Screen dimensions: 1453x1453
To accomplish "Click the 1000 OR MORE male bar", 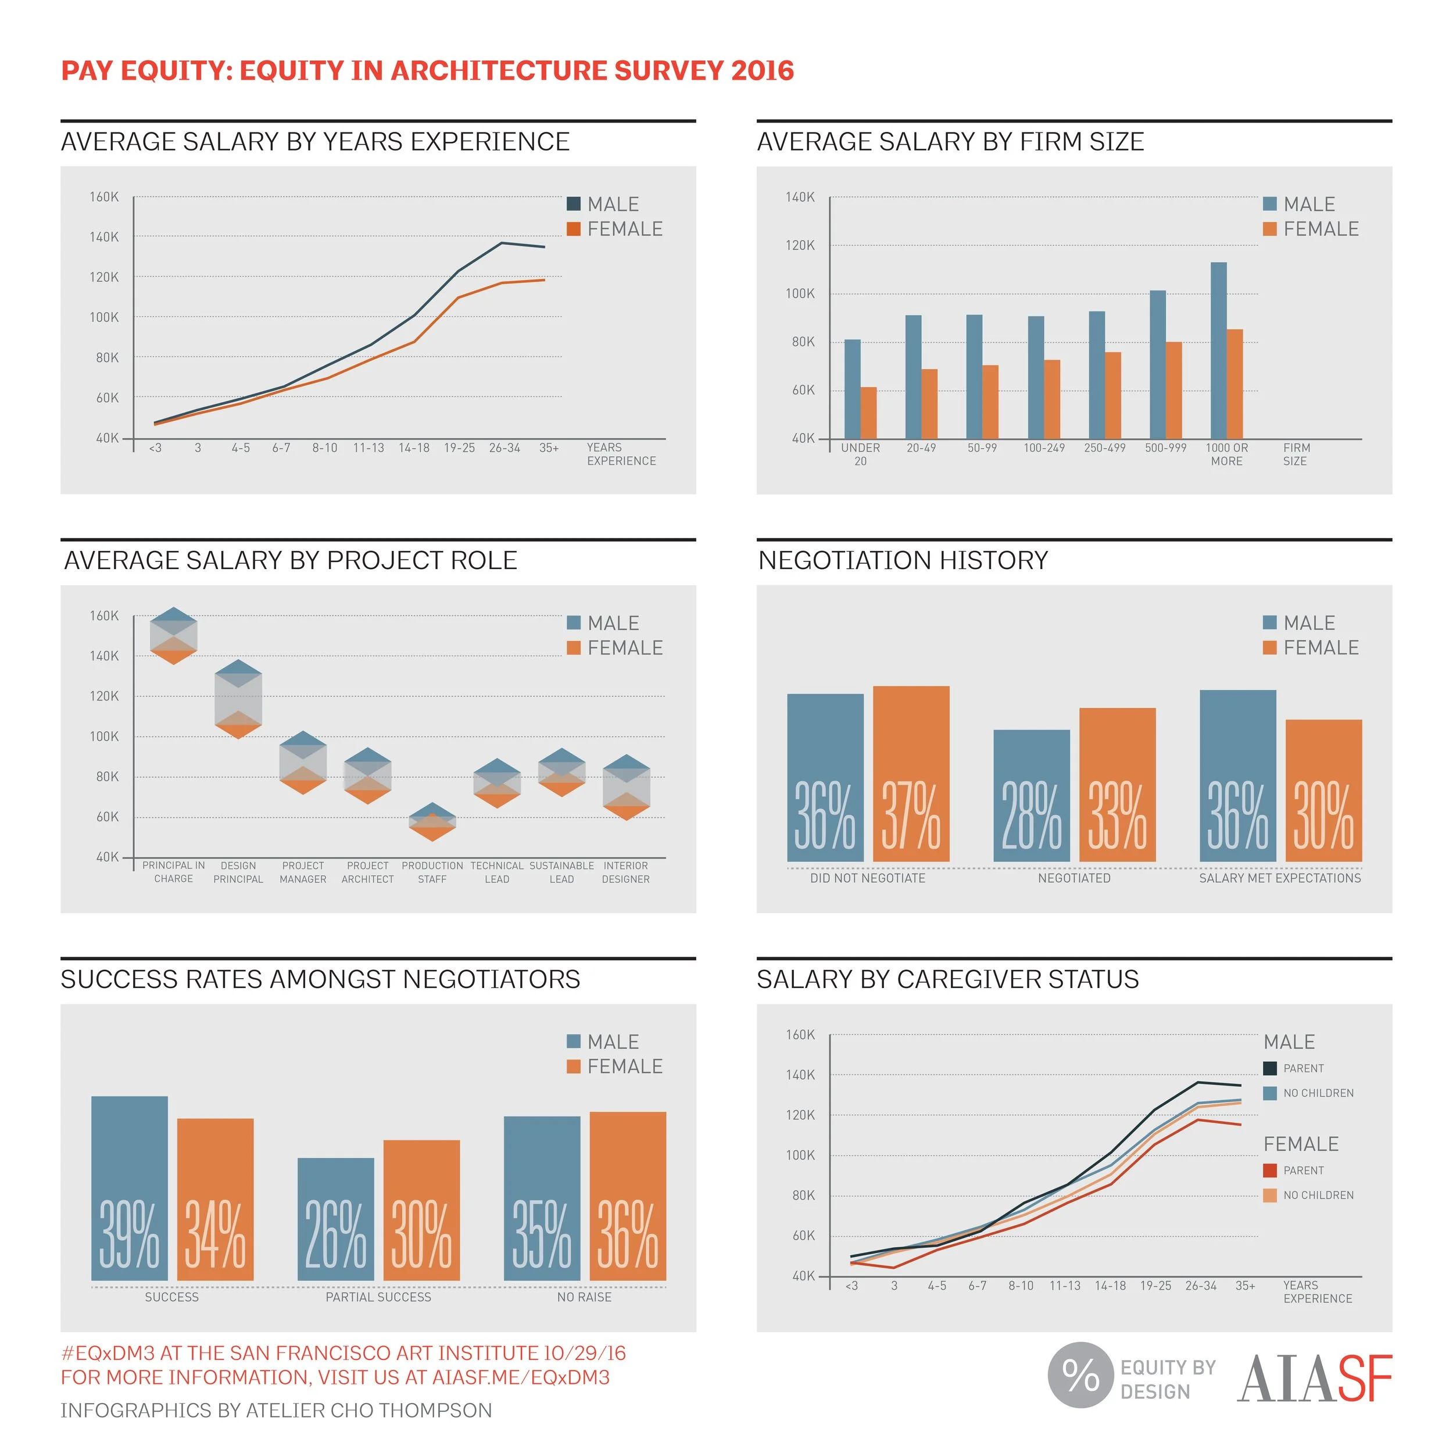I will (x=1218, y=350).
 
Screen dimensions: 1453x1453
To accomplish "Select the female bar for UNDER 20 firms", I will (x=869, y=412).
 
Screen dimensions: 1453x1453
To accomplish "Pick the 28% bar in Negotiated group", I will (x=1031, y=795).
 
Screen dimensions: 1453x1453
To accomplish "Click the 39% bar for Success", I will (x=130, y=1189).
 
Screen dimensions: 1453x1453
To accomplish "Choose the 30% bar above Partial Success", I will (x=421, y=1210).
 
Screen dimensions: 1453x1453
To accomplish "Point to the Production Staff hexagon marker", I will (x=432, y=822).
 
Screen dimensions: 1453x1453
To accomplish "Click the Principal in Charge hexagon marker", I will (x=174, y=635).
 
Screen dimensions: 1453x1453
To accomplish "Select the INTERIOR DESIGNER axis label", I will (x=626, y=872).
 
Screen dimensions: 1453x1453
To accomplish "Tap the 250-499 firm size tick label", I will (x=1104, y=448).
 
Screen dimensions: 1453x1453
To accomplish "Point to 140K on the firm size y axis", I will (x=800, y=197).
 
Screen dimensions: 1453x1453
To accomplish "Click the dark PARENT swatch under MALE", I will (x=1271, y=1068).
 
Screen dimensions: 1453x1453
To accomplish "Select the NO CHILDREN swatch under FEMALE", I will (x=1271, y=1195).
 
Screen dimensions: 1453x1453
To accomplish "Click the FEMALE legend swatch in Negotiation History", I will (x=1271, y=647).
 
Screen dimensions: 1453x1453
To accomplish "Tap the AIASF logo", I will (x=1315, y=1379).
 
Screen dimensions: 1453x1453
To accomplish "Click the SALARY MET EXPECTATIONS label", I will (x=1280, y=878).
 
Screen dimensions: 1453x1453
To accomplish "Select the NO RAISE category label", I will (x=584, y=1297).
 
